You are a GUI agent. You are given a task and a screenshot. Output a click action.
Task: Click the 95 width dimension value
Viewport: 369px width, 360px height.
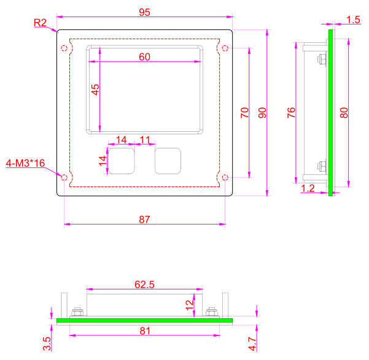(144, 12)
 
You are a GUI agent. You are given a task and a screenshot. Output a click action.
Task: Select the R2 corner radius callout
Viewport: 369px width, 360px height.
(40, 23)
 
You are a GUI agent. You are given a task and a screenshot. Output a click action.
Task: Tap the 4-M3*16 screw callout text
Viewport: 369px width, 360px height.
(25, 163)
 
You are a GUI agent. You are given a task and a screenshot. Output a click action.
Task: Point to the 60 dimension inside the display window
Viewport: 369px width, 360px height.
(144, 57)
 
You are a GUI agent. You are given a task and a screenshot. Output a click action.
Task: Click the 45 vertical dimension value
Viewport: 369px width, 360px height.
(95, 90)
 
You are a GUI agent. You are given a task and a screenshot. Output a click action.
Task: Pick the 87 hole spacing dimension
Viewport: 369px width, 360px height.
(144, 220)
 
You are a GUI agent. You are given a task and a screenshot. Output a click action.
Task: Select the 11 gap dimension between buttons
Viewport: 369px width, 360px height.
(145, 140)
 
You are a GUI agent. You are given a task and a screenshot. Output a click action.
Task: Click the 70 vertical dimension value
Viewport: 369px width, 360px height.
(244, 113)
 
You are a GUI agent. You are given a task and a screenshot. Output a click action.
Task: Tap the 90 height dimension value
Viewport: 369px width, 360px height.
(262, 113)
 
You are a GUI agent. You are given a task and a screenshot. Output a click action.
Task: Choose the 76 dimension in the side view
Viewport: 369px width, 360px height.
(291, 113)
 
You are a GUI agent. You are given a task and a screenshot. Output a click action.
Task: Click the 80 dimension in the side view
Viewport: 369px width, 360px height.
(344, 113)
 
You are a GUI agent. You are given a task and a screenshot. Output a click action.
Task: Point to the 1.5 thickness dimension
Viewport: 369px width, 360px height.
(353, 20)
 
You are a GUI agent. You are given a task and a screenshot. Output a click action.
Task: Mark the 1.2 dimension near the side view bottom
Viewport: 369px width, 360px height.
(308, 188)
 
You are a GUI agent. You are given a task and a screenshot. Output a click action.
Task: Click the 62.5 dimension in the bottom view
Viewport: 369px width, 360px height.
(144, 285)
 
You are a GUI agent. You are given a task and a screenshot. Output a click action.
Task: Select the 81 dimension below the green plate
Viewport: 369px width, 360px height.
(145, 331)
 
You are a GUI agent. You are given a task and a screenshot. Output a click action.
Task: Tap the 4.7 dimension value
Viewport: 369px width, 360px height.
(252, 344)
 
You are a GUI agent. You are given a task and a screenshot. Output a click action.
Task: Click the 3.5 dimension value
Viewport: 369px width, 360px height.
(47, 344)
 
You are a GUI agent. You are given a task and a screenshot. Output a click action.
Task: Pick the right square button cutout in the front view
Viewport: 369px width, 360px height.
(168, 161)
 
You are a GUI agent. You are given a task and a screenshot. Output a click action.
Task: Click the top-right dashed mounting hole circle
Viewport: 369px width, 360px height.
(225, 48)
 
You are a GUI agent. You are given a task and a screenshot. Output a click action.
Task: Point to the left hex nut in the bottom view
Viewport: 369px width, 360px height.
(77, 312)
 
